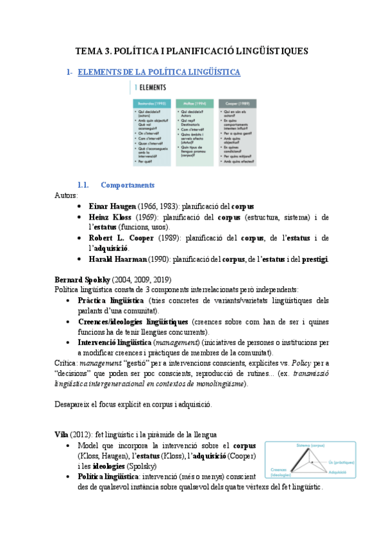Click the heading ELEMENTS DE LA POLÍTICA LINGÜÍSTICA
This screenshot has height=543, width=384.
click(x=158, y=72)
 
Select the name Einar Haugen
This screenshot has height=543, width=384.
click(x=101, y=207)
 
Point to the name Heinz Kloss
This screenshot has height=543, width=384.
click(x=99, y=217)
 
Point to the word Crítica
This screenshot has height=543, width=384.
click(x=65, y=362)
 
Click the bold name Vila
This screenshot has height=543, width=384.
click(x=62, y=434)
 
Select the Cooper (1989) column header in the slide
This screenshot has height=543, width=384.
click(x=234, y=103)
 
